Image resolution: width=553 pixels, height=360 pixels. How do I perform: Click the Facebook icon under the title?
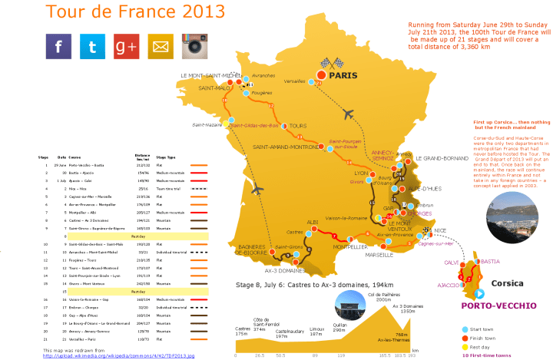coord(58,47)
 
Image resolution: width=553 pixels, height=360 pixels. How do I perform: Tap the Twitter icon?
coord(92,47)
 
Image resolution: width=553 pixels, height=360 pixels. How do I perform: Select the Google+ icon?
coord(127,47)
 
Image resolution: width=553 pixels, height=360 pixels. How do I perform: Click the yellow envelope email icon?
coord(161,47)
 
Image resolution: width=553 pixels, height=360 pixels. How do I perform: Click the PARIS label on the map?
coord(344,76)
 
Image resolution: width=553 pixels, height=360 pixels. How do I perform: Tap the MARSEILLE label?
coord(379,254)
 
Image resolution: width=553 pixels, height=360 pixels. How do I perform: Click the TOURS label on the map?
coord(298,126)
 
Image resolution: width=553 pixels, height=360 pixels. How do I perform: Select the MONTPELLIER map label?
coord(333,247)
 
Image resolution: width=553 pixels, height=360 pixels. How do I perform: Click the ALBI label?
coord(313,221)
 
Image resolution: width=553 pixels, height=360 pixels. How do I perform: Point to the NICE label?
coord(440,230)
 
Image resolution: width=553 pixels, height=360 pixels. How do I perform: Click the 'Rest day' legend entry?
coord(482,347)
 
